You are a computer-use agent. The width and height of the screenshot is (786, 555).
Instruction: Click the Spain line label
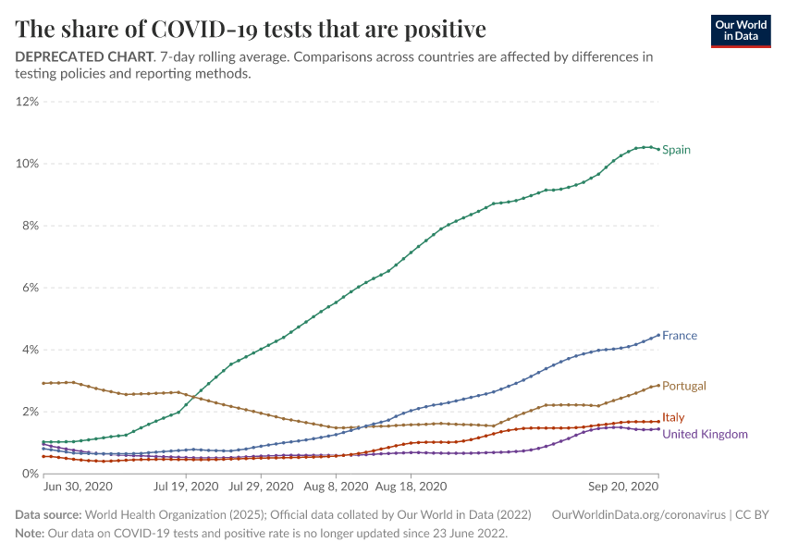(x=676, y=150)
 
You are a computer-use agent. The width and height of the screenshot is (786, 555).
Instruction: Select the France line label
(x=680, y=336)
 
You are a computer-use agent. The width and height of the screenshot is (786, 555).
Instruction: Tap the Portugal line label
(x=684, y=386)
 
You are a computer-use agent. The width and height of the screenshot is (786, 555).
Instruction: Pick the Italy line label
(x=673, y=418)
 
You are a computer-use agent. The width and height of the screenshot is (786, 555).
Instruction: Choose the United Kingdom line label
(x=705, y=434)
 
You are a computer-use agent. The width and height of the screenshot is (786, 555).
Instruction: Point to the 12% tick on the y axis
(x=27, y=102)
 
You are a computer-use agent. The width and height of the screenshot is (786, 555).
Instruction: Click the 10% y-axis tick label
(x=27, y=164)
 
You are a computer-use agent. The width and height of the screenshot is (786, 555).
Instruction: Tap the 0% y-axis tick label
(x=30, y=474)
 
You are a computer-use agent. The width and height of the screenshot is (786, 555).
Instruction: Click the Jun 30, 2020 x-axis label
(x=78, y=486)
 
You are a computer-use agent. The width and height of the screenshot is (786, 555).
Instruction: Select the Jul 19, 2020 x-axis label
(x=186, y=486)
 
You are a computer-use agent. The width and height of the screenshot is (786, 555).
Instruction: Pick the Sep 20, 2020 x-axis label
(x=625, y=486)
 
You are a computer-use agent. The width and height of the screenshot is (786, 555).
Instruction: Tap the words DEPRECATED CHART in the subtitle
(x=83, y=56)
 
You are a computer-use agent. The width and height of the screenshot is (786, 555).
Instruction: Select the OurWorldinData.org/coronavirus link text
(x=639, y=514)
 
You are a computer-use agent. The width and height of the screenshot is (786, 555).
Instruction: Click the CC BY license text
(x=755, y=514)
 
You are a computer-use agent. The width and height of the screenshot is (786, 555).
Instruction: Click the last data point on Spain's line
(x=657, y=150)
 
